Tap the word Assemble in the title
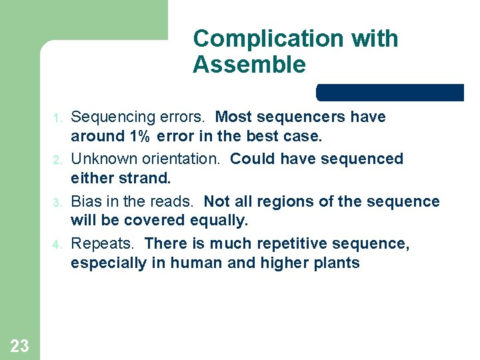[249, 65]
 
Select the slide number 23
[20, 345]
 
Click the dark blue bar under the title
[390, 93]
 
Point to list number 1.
[57, 119]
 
